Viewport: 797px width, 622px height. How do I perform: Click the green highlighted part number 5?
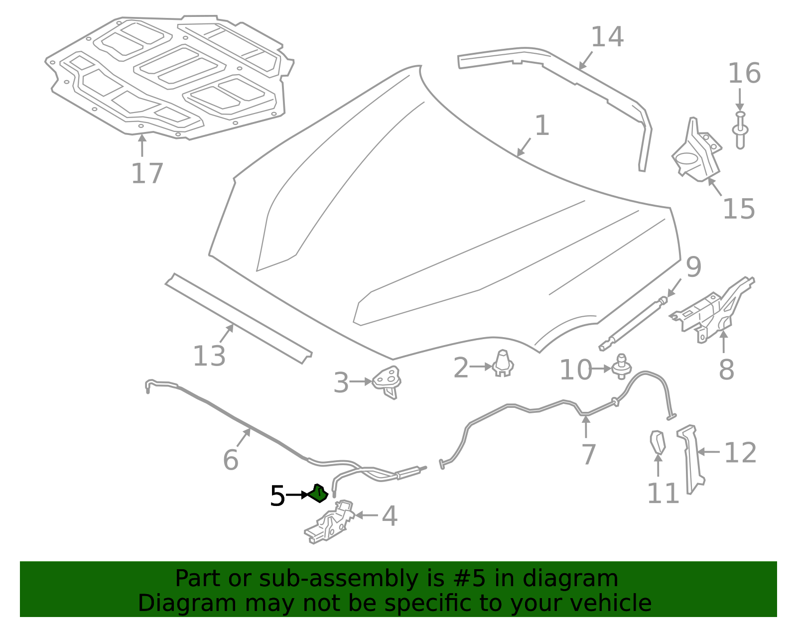coord(318,494)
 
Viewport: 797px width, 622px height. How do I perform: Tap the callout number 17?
coord(147,174)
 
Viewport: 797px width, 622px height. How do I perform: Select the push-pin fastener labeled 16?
coord(740,130)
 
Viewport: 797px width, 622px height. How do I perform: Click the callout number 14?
coord(607,37)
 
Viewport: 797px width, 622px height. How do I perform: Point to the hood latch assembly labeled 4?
coord(329,521)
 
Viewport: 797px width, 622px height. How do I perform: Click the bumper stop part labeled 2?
coord(503,363)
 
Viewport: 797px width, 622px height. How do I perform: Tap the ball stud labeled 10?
coord(621,367)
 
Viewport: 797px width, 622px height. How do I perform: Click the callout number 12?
coord(740,453)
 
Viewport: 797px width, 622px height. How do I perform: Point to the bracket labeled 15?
coord(696,149)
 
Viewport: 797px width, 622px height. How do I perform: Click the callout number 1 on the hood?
coord(542,125)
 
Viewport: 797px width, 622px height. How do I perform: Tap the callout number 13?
coord(209,356)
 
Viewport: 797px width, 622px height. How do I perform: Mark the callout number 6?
coord(231,460)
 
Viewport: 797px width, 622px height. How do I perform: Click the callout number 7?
coord(589,455)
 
